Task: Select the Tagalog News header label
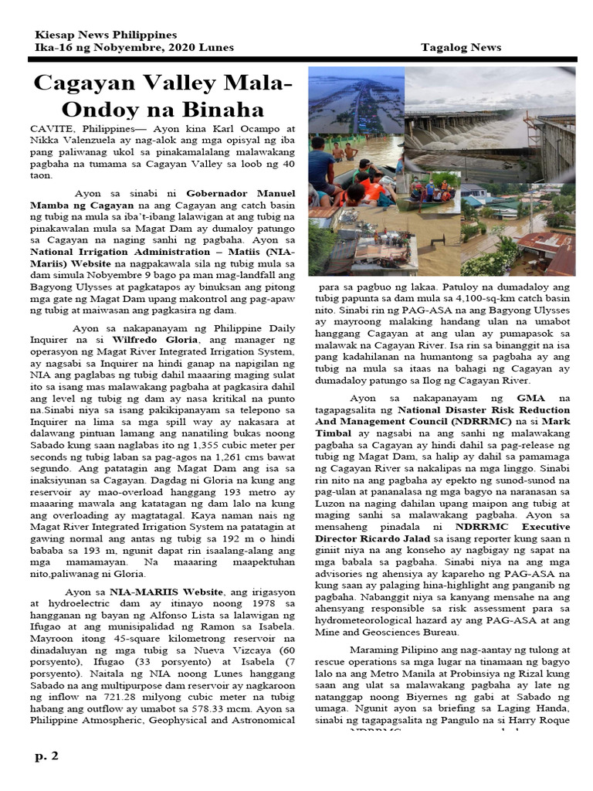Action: point(461,47)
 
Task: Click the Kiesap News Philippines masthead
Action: point(106,35)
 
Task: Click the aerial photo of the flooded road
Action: point(356,100)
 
